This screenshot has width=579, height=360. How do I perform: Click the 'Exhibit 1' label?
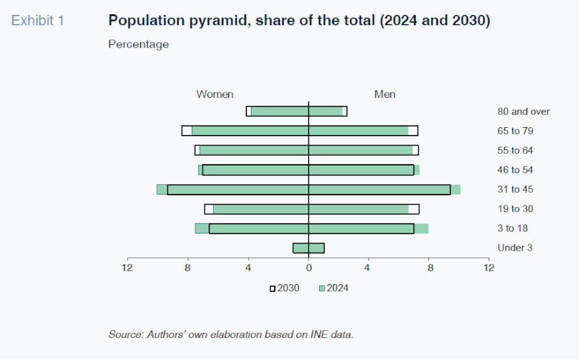[38, 21]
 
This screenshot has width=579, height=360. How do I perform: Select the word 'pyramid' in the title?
[210, 21]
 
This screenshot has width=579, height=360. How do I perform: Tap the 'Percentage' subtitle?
[138, 44]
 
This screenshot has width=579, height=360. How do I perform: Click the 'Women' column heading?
[215, 94]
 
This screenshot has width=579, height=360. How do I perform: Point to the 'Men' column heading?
[384, 94]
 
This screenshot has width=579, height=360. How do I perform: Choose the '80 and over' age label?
[523, 112]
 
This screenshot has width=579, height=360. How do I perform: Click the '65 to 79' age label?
[514, 131]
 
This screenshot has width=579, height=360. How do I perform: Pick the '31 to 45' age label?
[514, 189]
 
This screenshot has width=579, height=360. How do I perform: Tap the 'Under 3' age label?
[514, 248]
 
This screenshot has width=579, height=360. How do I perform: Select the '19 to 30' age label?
[514, 209]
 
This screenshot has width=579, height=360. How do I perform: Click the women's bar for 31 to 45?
[233, 189]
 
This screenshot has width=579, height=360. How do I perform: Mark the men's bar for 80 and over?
[327, 111]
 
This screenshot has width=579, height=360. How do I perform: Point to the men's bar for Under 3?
[316, 248]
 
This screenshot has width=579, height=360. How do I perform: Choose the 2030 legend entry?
[284, 288]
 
